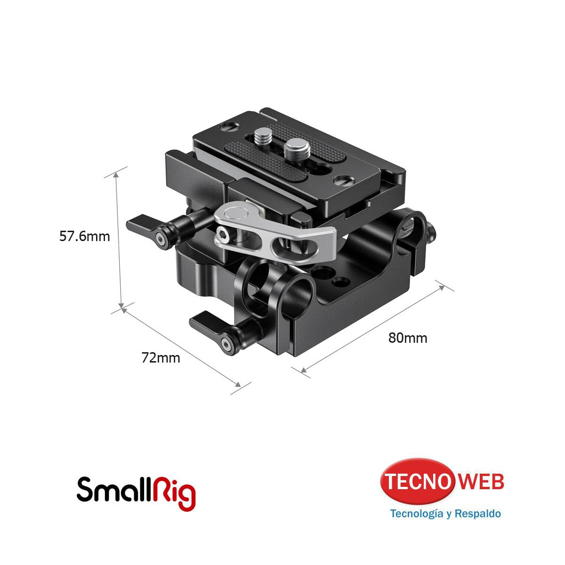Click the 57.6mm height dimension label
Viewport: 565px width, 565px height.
(84, 236)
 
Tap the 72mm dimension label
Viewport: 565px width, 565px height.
(161, 358)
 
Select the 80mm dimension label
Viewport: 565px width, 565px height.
(408, 338)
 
